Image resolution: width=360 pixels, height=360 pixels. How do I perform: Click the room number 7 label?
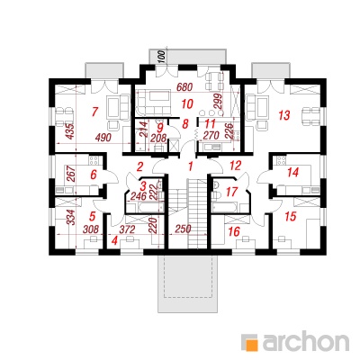[94, 112]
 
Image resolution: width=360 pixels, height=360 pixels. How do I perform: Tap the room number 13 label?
[284, 115]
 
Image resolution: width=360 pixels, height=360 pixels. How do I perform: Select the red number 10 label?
[186, 104]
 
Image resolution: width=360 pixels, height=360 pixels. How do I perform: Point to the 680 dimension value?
[184, 87]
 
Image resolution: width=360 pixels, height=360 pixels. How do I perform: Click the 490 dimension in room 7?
[103, 138]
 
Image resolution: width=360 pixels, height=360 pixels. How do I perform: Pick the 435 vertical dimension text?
[69, 131]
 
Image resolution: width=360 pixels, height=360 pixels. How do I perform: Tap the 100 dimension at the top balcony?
[162, 57]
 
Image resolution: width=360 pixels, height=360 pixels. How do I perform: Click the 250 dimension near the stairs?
[184, 229]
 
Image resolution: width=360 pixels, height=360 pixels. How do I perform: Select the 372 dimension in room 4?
[127, 229]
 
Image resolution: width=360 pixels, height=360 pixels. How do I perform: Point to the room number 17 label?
[231, 192]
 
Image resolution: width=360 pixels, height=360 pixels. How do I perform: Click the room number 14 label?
[292, 173]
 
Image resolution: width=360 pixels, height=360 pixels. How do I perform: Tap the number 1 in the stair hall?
[190, 166]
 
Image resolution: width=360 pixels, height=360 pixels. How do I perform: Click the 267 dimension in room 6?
[69, 175]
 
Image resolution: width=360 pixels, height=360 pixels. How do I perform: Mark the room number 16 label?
[234, 231]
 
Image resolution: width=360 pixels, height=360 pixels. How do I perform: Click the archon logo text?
[306, 341]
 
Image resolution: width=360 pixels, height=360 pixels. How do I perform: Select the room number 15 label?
[291, 216]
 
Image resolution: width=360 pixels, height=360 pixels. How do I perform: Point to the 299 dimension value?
[219, 103]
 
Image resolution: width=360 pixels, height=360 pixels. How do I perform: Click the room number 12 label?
[236, 166]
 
